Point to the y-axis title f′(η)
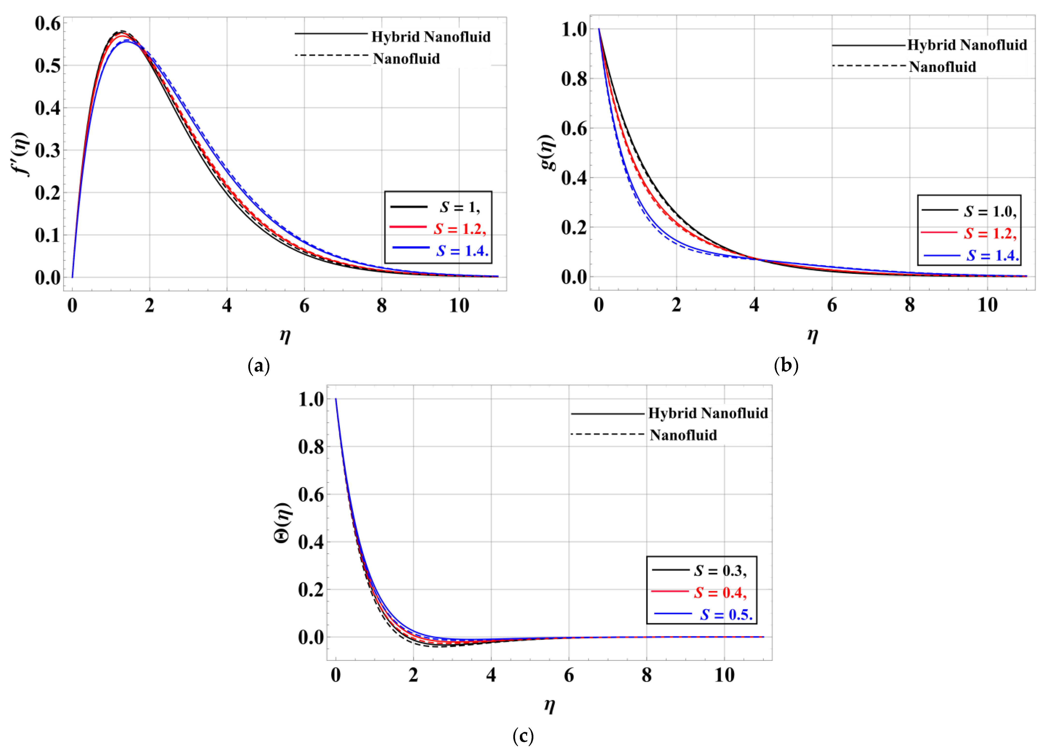click(x=21, y=154)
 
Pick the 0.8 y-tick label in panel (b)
click(x=574, y=79)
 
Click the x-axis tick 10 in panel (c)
click(x=724, y=676)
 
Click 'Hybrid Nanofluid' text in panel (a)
click(x=431, y=37)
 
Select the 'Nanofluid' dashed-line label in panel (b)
click(x=942, y=67)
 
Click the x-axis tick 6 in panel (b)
click(x=832, y=305)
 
